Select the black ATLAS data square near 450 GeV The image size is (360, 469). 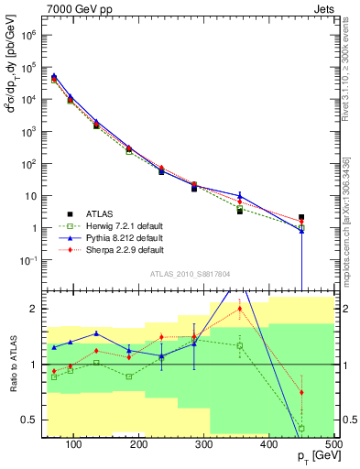(x=301, y=218)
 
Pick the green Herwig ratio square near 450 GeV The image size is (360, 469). (x=301, y=429)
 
